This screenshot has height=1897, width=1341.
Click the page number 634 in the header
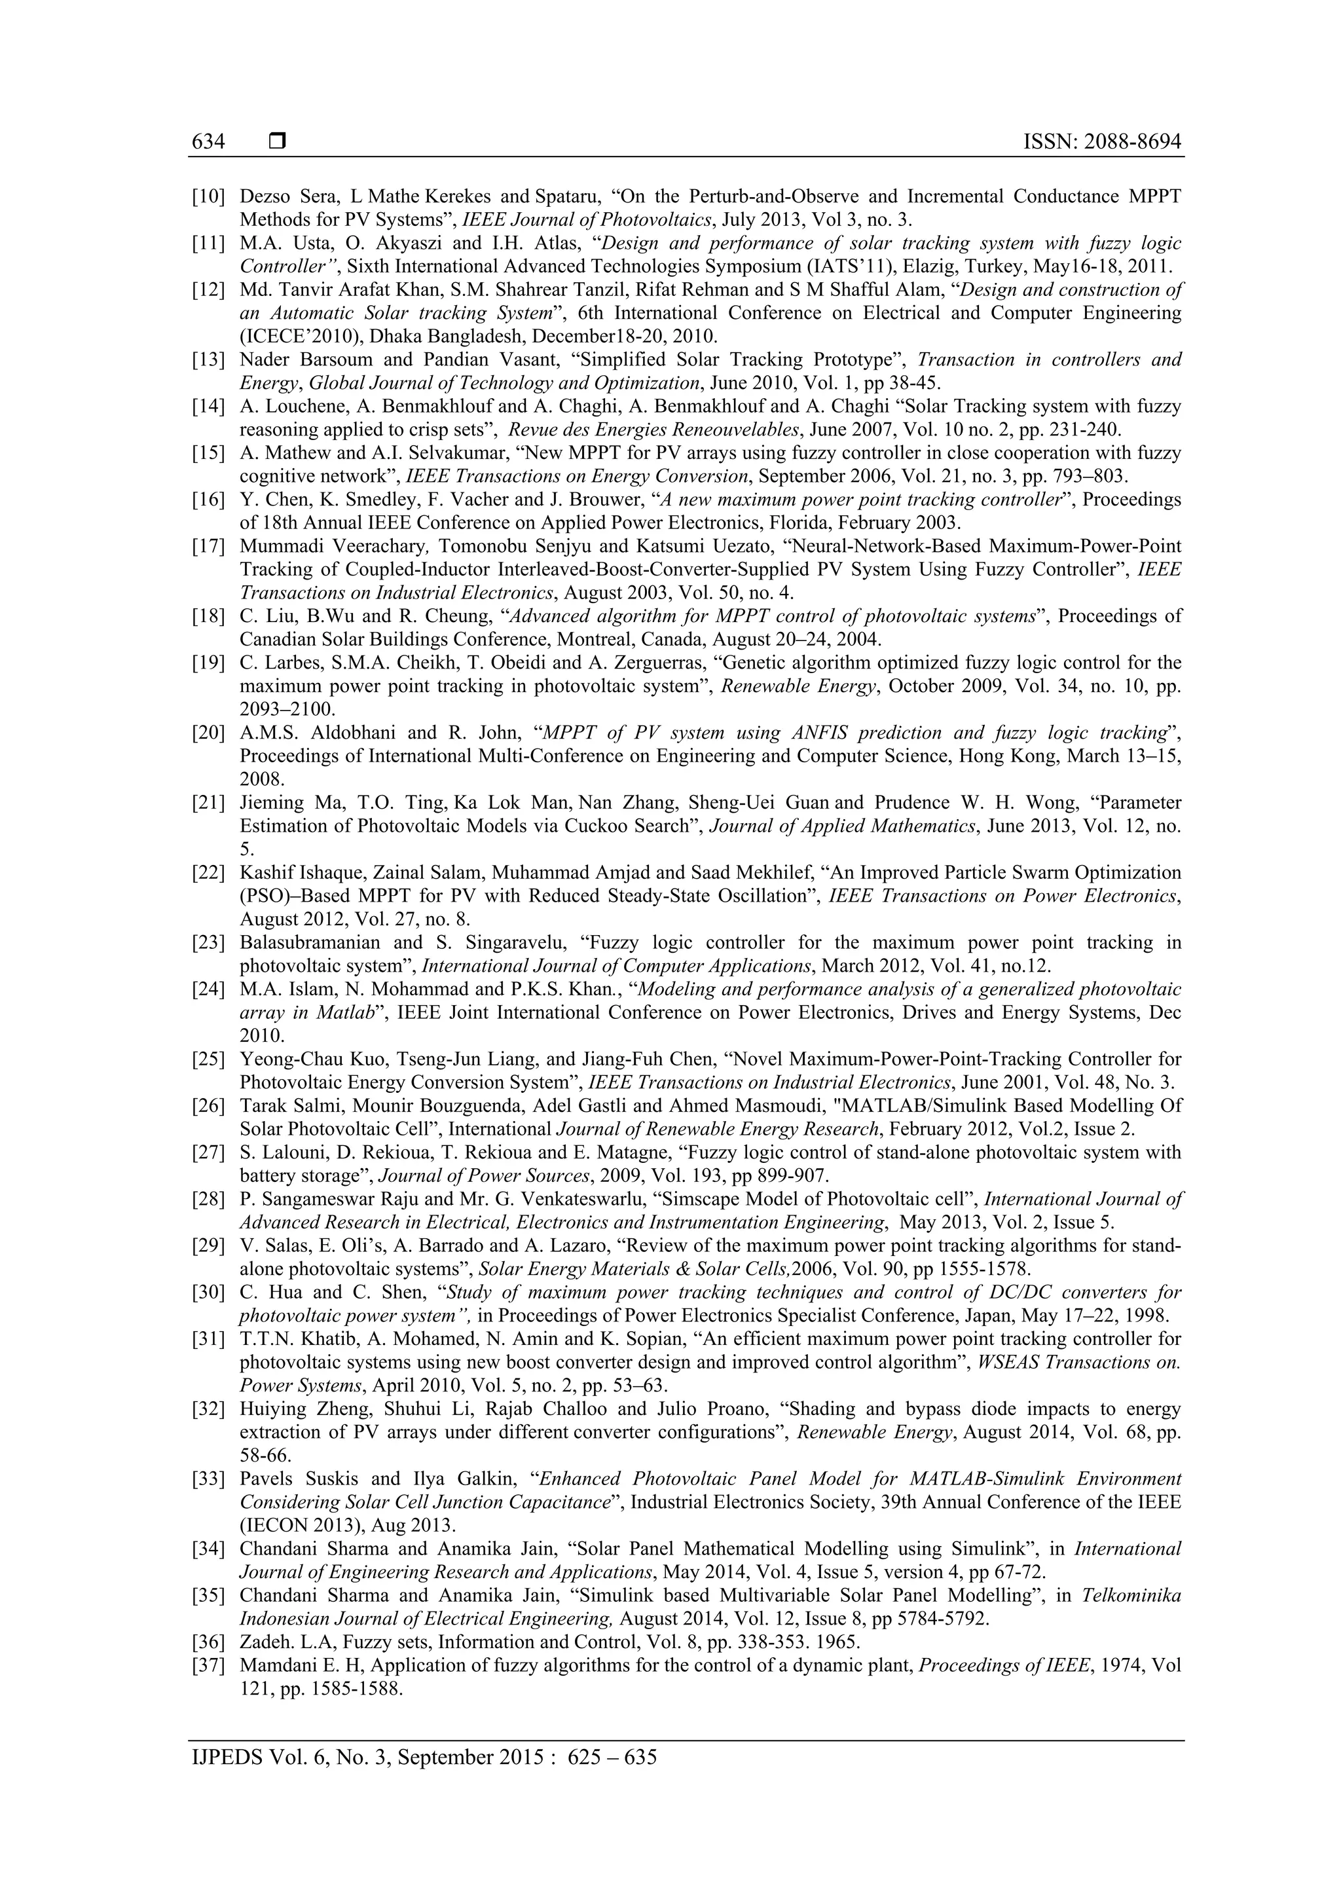click(x=208, y=142)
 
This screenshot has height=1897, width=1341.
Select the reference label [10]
click(x=208, y=196)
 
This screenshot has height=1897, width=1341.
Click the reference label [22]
click(x=208, y=872)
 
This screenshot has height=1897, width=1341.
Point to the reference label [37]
click(x=208, y=1666)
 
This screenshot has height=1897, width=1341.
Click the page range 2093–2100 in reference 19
click(x=287, y=710)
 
